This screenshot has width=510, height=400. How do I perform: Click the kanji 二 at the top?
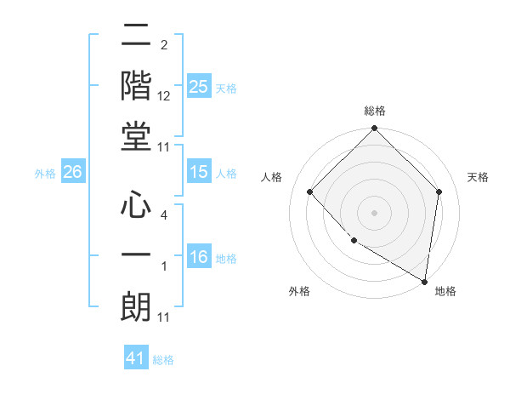136,37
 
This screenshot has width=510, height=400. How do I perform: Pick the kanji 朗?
136,305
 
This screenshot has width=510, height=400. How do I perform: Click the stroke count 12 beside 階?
164,96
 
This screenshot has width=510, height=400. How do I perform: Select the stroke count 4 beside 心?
163,216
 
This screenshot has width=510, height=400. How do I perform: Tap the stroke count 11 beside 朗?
164,317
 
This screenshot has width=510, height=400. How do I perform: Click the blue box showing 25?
199,87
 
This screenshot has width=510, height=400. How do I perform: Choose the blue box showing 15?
199,172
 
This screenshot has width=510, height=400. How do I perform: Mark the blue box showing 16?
199,258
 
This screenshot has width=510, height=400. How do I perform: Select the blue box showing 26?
72,172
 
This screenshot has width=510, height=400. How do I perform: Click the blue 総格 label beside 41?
163,360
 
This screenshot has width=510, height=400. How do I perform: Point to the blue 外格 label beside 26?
45,174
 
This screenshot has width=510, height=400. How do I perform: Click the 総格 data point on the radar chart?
374,130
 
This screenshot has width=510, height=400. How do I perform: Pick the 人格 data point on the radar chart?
310,192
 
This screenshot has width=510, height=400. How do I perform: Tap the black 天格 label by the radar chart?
479,178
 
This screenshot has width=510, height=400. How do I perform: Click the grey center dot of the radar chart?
374,213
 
